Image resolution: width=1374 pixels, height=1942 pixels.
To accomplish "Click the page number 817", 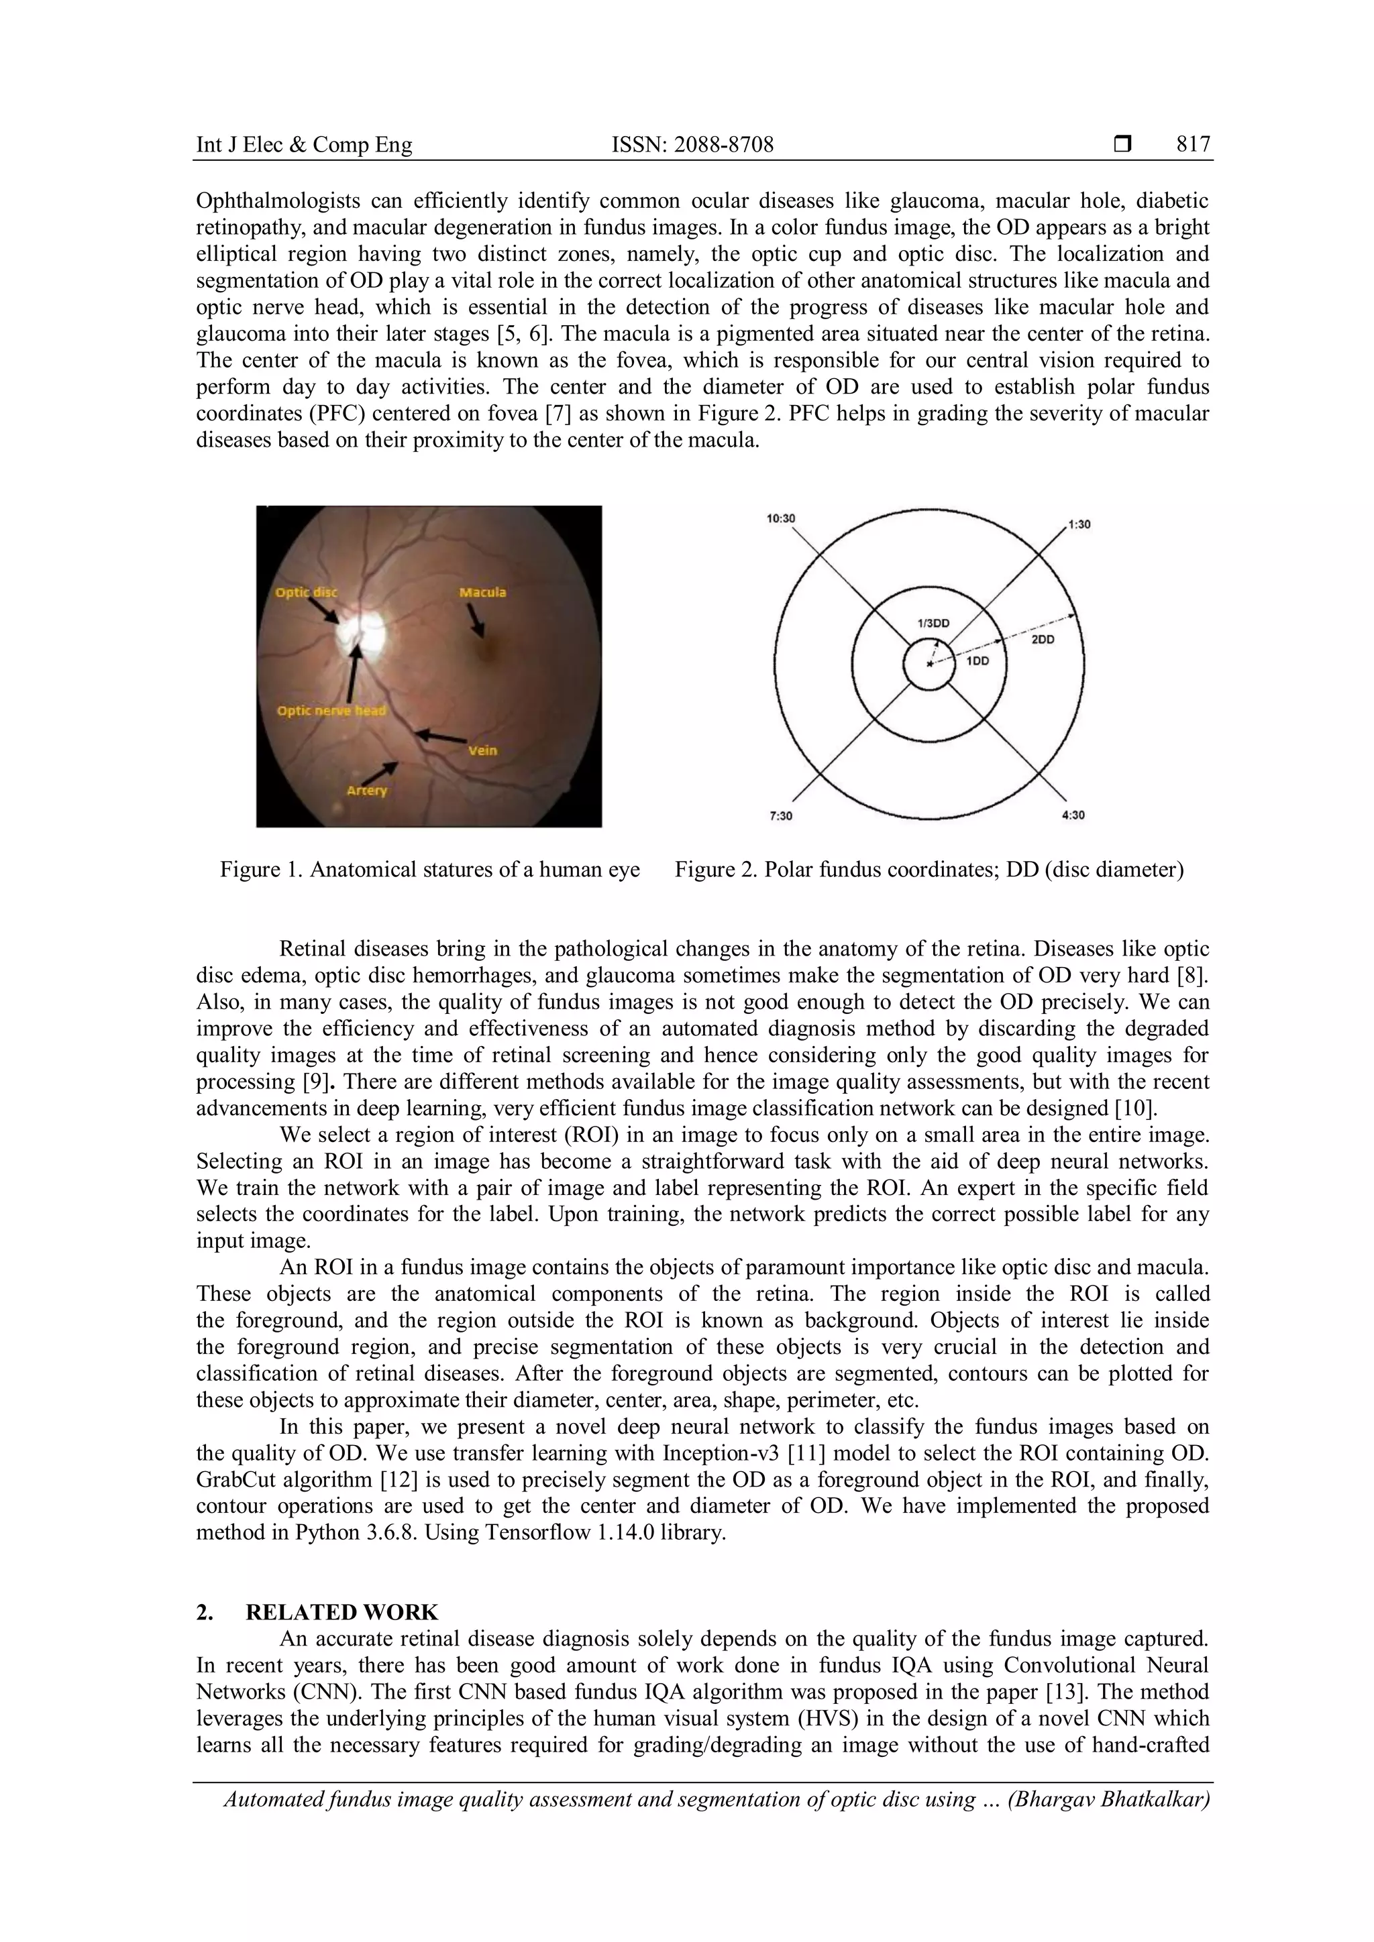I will [x=1193, y=145].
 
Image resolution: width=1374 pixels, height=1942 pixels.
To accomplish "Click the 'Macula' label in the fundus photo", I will [x=482, y=592].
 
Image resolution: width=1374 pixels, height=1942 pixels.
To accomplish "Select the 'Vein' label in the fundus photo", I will [x=482, y=750].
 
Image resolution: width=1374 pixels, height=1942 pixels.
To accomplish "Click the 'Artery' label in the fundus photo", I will [x=366, y=790].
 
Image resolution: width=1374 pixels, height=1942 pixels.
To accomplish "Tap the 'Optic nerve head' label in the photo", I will [x=331, y=711].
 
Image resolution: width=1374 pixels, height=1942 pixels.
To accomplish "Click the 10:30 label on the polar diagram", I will [x=780, y=518].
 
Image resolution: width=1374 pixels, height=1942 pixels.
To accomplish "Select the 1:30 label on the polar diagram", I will [x=1079, y=524].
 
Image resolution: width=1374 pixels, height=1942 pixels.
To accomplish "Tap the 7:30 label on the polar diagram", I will [x=780, y=815].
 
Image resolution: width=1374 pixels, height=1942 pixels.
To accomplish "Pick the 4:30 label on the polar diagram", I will [x=1072, y=815].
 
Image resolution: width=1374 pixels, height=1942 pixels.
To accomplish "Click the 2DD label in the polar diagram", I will [x=1043, y=640].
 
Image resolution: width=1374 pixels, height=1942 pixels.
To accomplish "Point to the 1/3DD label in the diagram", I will [x=933, y=624].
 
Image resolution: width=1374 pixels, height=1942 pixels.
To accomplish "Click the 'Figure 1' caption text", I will [x=430, y=870].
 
